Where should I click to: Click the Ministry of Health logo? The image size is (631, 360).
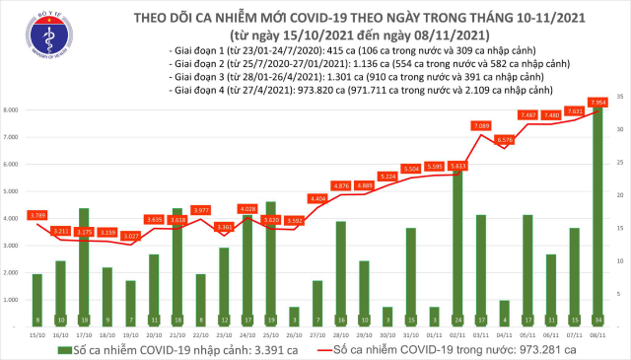[42, 34]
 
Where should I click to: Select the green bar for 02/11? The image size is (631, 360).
[456, 247]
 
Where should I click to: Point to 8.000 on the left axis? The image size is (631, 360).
[12, 110]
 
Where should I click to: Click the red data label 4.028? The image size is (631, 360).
[246, 208]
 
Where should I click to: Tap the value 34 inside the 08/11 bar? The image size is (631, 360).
[597, 321]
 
